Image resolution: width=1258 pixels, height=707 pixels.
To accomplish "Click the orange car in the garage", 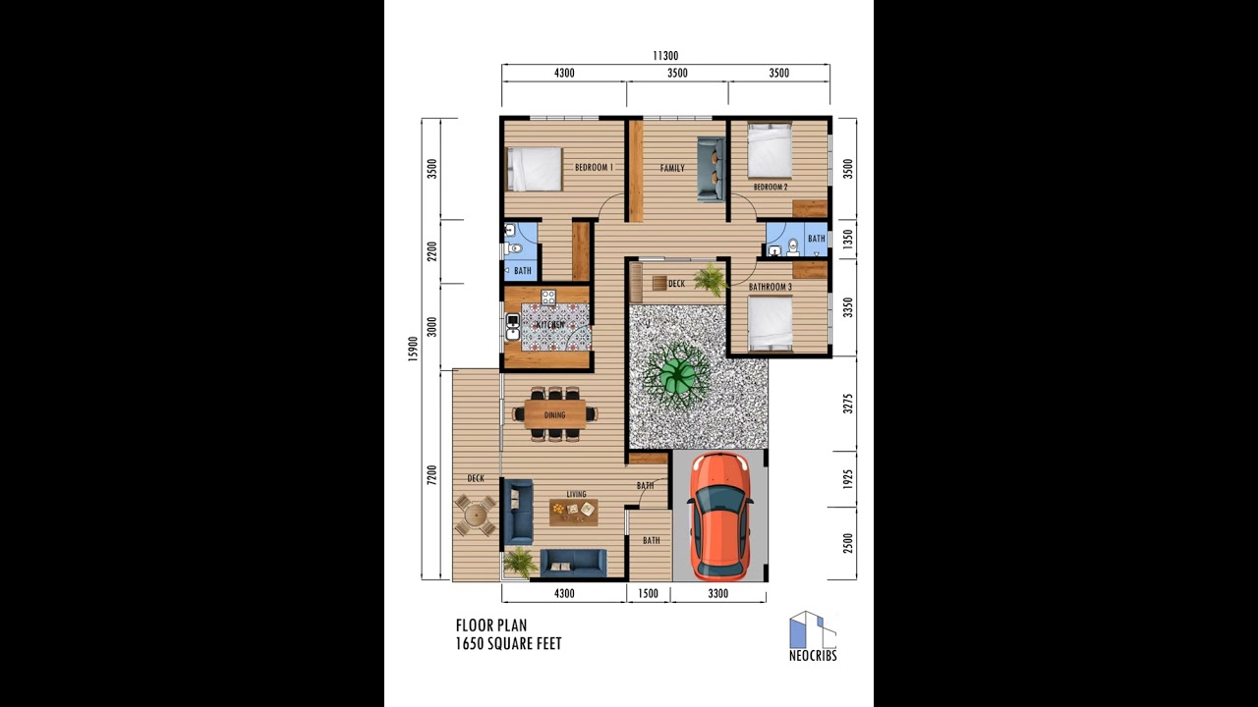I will pyautogui.click(x=719, y=516).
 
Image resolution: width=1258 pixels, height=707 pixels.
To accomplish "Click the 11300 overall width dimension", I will pyautogui.click(x=665, y=56).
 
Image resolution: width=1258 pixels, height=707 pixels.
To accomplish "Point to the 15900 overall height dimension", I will pyautogui.click(x=414, y=349).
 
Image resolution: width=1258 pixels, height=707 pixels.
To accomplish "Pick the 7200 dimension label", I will pyautogui.click(x=431, y=474).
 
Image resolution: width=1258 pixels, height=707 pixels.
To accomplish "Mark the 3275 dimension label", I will pyautogui.click(x=848, y=404).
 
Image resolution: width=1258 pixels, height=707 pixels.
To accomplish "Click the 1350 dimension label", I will pyautogui.click(x=848, y=238).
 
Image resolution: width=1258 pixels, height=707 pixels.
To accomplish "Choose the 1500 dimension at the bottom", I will pyautogui.click(x=648, y=593).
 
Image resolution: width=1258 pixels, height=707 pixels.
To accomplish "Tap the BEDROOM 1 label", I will pyautogui.click(x=594, y=168).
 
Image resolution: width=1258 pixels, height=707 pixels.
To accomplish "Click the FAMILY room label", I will pyautogui.click(x=672, y=168).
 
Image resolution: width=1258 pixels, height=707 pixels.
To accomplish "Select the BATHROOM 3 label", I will pyautogui.click(x=770, y=288).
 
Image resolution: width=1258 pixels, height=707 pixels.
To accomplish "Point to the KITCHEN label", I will pyautogui.click(x=550, y=324).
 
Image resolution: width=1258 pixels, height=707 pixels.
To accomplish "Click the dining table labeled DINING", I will pyautogui.click(x=555, y=414).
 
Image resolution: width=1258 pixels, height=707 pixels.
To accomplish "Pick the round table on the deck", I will pyautogui.click(x=476, y=515).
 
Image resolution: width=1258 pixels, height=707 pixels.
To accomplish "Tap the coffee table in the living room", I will pyautogui.click(x=574, y=510).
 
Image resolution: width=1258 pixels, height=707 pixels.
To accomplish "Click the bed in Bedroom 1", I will pyautogui.click(x=534, y=168).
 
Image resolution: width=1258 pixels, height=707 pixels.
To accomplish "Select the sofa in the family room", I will pyautogui.click(x=711, y=169).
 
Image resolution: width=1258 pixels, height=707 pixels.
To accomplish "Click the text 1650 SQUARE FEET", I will pyautogui.click(x=508, y=644).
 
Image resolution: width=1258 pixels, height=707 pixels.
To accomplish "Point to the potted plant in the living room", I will pyautogui.click(x=519, y=562).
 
